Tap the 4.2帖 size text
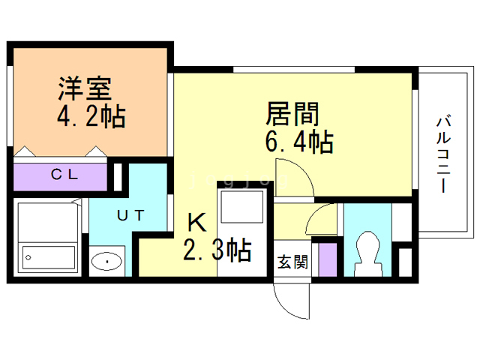(x=91, y=116)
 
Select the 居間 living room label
(x=292, y=115)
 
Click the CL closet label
(x=64, y=175)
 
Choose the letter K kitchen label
(x=196, y=222)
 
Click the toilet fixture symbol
(x=367, y=252)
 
